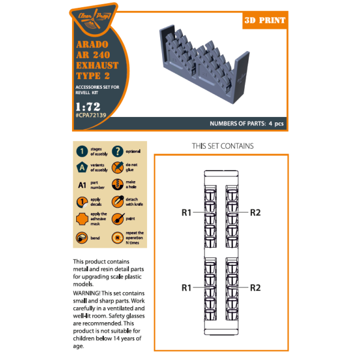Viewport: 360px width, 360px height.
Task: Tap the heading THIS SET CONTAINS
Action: click(x=223, y=146)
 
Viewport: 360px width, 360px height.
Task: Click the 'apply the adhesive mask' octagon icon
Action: click(x=83, y=220)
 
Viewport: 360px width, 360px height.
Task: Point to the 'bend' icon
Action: click(x=83, y=237)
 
